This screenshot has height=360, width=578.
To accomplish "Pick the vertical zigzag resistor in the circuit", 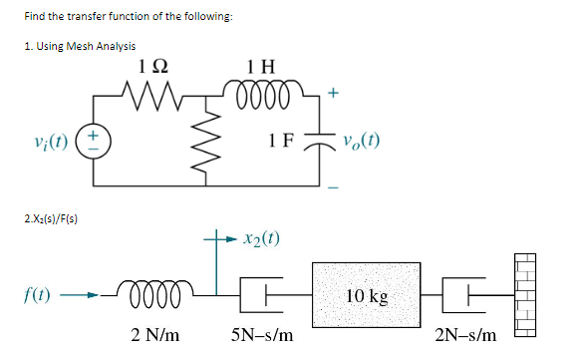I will click(x=220, y=141).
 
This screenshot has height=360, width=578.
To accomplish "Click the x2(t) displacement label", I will click(x=261, y=239).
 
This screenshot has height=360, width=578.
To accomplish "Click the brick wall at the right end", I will click(x=523, y=295).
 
